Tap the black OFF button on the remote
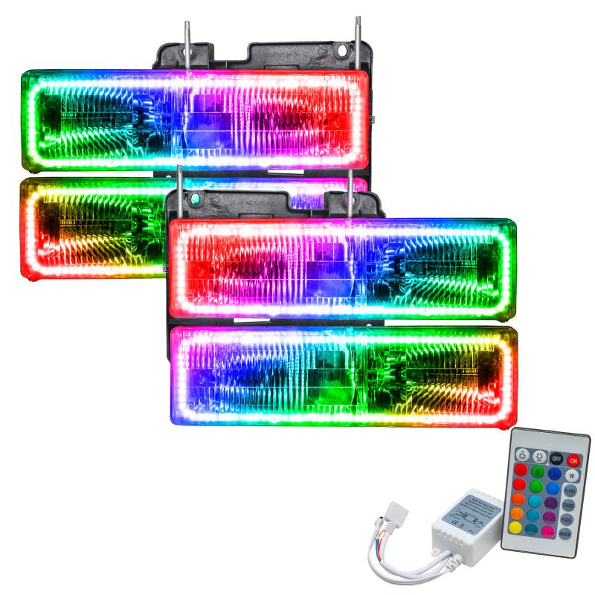pos(556,458)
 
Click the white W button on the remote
pos(571,475)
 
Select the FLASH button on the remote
pos(570,491)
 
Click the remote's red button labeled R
pos(521,469)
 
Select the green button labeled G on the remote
pos(538,472)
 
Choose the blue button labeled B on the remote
pos(554,474)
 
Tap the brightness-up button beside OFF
pos(539,456)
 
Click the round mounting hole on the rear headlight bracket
pos(341,50)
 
